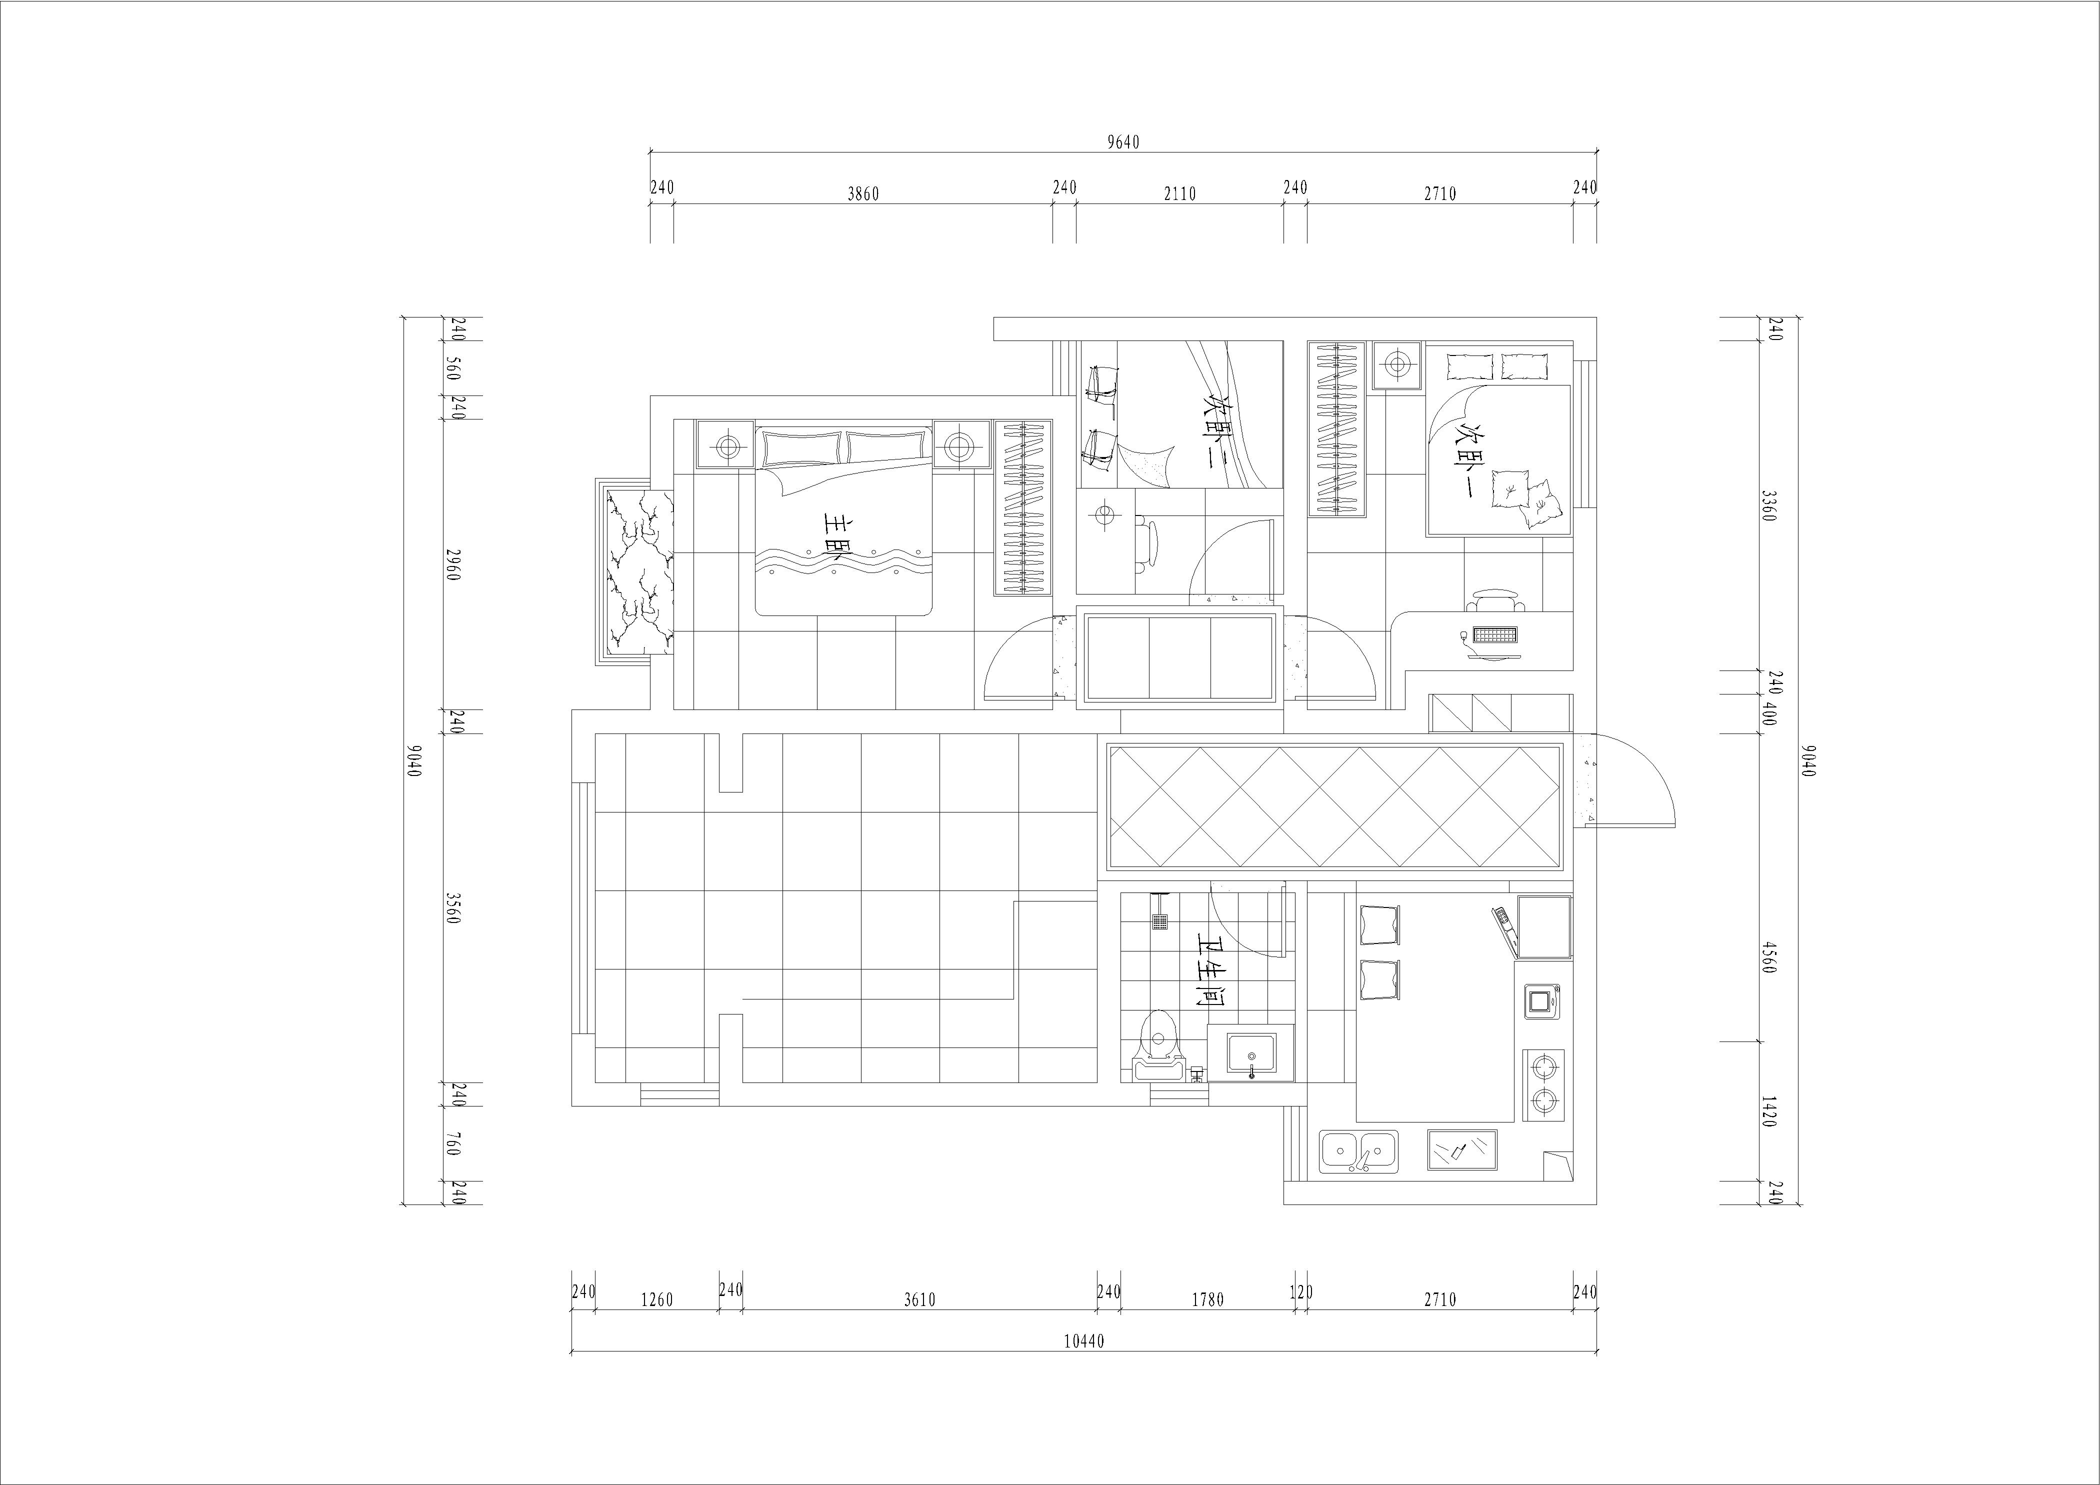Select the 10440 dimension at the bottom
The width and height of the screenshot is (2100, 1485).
[x=1085, y=1341]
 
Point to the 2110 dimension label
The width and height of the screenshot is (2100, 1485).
[x=1180, y=194]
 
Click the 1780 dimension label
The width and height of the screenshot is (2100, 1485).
[x=1207, y=1299]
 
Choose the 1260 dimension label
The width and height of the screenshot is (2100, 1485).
[x=656, y=1299]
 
